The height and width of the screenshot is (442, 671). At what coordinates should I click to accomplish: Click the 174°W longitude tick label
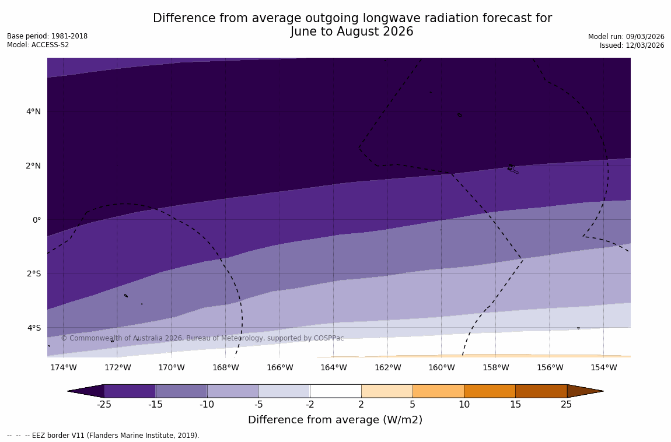(x=63, y=367)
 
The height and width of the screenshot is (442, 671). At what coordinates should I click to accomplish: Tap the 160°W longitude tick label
(x=442, y=367)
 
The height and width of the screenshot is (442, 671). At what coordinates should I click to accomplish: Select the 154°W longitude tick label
(x=603, y=367)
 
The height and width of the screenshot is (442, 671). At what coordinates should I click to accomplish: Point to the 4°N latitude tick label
(x=33, y=111)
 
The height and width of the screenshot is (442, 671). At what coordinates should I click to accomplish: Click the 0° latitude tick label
(x=37, y=220)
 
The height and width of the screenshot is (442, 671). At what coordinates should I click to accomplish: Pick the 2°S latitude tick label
(x=33, y=273)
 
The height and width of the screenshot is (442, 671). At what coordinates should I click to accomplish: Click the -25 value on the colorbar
(x=104, y=405)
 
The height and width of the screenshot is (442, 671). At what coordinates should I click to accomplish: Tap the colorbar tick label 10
(x=464, y=405)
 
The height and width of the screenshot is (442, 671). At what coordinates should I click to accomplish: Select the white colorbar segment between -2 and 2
(x=335, y=391)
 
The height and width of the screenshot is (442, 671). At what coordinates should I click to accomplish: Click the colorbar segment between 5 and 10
(x=438, y=391)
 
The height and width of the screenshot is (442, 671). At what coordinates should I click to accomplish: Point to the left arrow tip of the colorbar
(x=69, y=391)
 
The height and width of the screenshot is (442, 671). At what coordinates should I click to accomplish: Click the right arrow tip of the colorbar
(x=603, y=391)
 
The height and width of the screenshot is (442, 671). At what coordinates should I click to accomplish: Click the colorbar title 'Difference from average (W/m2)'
(x=335, y=420)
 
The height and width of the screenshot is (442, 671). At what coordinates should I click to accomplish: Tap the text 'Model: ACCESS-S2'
(x=38, y=45)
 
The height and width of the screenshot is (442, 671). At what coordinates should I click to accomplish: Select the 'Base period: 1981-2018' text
(x=47, y=36)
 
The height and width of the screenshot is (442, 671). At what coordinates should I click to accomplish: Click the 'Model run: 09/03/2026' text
(x=626, y=37)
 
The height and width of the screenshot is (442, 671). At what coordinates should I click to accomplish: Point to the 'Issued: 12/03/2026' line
(x=632, y=45)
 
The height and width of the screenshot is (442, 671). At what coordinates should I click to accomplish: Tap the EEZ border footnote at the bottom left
(x=103, y=436)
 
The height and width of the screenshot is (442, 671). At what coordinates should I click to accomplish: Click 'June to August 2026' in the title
(x=352, y=32)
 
